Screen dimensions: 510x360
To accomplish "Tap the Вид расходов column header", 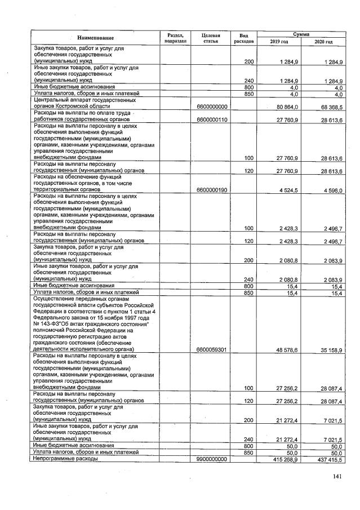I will point(243,38).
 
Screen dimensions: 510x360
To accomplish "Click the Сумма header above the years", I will point(304,34).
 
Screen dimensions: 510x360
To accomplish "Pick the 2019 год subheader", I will point(279,42).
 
